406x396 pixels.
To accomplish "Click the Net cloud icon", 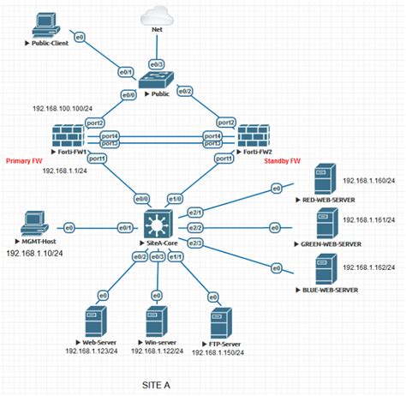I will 157,15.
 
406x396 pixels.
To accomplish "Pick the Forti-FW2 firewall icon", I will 254,137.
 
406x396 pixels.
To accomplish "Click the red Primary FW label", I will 26,159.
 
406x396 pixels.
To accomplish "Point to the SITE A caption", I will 156,385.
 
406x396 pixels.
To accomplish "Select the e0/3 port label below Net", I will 158,64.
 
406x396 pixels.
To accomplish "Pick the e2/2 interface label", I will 195,228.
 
